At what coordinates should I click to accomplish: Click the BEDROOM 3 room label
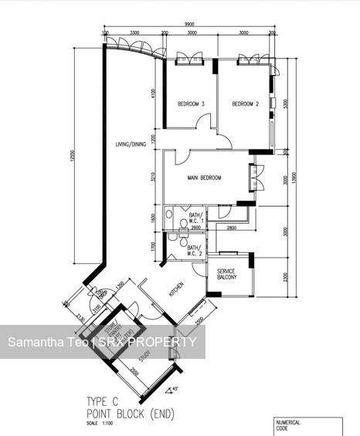point(191,104)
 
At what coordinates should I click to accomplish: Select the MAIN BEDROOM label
point(205,178)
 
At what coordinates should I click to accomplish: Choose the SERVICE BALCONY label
point(226,275)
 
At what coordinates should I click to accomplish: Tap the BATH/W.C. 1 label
point(194,218)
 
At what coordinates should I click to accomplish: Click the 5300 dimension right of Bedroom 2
point(286,103)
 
